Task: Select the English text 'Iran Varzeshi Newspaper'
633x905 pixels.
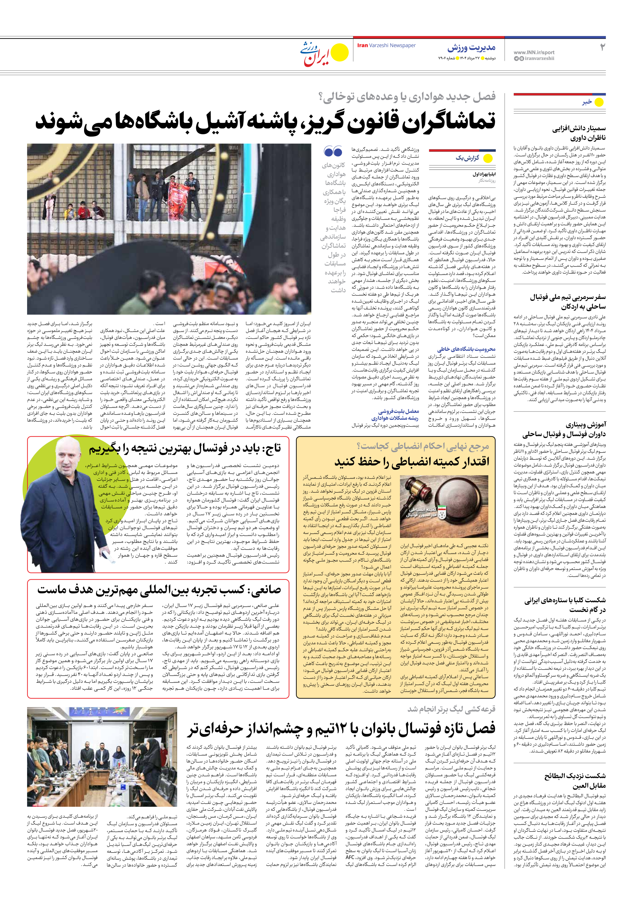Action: click(386, 45)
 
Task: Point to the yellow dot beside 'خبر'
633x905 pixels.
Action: click(599, 102)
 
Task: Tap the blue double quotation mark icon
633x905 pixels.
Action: click(333, 151)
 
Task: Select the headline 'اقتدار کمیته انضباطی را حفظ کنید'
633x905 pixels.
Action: click(412, 461)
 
